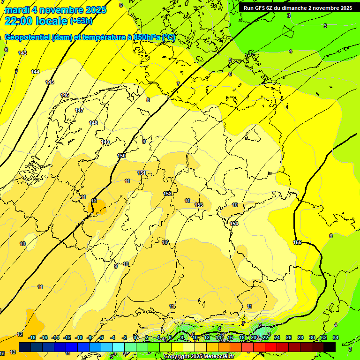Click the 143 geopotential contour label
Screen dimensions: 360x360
click(22, 53)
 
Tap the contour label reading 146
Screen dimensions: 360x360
click(65, 95)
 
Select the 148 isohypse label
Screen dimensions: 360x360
click(93, 123)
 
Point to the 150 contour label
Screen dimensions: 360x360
click(121, 156)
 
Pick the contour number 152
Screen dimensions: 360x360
click(167, 194)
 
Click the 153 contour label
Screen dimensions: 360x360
click(199, 205)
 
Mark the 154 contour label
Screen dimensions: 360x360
click(234, 224)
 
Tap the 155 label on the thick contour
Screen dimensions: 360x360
click(297, 242)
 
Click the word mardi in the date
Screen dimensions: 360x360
click(17, 10)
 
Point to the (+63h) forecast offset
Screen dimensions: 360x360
click(81, 21)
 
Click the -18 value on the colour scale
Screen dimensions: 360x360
click(32, 337)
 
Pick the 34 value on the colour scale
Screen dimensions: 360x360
click(335, 337)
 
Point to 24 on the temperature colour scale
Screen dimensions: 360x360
click(277, 337)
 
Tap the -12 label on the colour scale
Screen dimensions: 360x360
click(67, 337)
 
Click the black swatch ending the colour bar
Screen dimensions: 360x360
click(329, 346)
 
